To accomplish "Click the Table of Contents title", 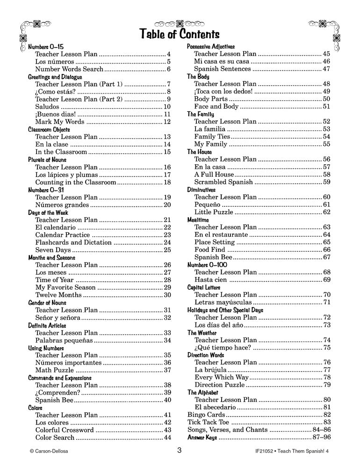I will click(x=180, y=34).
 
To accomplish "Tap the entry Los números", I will click(x=54, y=62).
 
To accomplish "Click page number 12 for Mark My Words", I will click(x=167, y=122).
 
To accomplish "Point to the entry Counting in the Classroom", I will click(x=76, y=182).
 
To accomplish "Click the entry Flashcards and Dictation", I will click(x=73, y=242).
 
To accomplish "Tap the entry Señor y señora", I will click(x=57, y=317).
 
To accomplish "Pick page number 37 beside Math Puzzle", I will click(x=167, y=370).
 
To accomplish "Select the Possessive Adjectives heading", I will click(x=211, y=47).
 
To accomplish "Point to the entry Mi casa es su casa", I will click(x=223, y=61).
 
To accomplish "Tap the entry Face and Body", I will click(x=216, y=106).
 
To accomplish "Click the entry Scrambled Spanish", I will click(x=223, y=182).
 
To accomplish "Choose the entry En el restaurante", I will click(x=221, y=234).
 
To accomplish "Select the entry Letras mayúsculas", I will click(x=222, y=302).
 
